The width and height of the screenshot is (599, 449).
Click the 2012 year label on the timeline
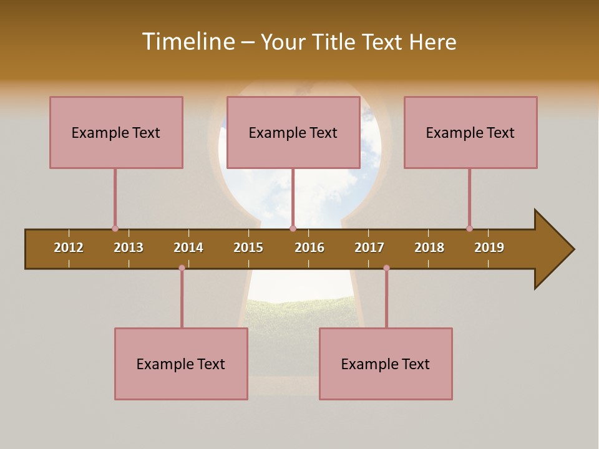click(69, 248)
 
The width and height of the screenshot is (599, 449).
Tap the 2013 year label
click(129, 248)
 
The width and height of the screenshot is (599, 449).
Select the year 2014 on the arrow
click(188, 248)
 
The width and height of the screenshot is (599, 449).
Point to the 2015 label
click(248, 248)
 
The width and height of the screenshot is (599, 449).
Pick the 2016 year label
click(309, 248)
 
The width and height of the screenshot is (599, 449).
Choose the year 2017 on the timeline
click(369, 248)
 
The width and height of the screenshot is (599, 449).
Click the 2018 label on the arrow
click(429, 248)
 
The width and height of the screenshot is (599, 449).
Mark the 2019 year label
click(489, 248)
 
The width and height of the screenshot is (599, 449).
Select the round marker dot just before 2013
click(115, 229)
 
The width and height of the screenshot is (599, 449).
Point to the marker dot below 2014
click(182, 268)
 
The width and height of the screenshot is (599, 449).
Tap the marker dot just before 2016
click(293, 229)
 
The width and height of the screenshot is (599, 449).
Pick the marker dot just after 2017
click(386, 268)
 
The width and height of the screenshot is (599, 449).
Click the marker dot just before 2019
click(469, 229)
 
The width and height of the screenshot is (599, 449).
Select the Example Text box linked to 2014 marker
click(181, 364)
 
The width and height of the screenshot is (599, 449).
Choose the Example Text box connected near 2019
click(470, 132)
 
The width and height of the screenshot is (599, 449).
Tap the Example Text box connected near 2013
click(116, 132)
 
